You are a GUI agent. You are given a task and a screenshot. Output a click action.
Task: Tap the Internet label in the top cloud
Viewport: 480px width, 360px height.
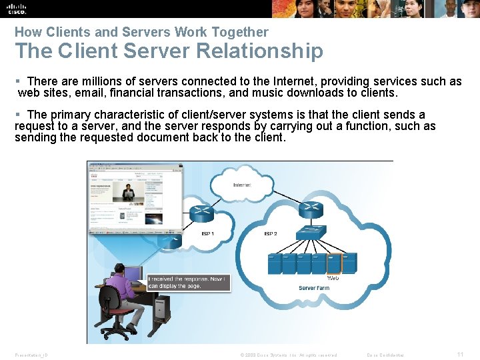pyautogui.click(x=241, y=185)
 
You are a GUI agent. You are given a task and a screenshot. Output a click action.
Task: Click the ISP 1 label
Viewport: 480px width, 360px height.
pyautogui.click(x=208, y=234)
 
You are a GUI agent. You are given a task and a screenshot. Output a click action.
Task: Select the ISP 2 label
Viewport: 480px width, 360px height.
pyautogui.click(x=271, y=234)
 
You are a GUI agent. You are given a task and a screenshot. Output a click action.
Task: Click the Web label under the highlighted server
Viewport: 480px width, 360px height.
pyautogui.click(x=333, y=278)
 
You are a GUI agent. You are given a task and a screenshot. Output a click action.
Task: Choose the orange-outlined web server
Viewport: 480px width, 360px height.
pyautogui.click(x=333, y=263)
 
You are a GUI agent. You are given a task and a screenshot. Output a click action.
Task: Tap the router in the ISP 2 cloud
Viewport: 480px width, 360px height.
pyautogui.click(x=311, y=210)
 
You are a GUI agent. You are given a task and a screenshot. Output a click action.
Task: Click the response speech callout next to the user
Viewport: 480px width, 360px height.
pyautogui.click(x=187, y=282)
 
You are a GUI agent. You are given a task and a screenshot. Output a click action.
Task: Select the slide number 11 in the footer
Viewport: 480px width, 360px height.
pyautogui.click(x=460, y=355)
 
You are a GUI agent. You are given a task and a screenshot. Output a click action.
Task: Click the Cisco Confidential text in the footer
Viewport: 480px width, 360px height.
pyautogui.click(x=386, y=355)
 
